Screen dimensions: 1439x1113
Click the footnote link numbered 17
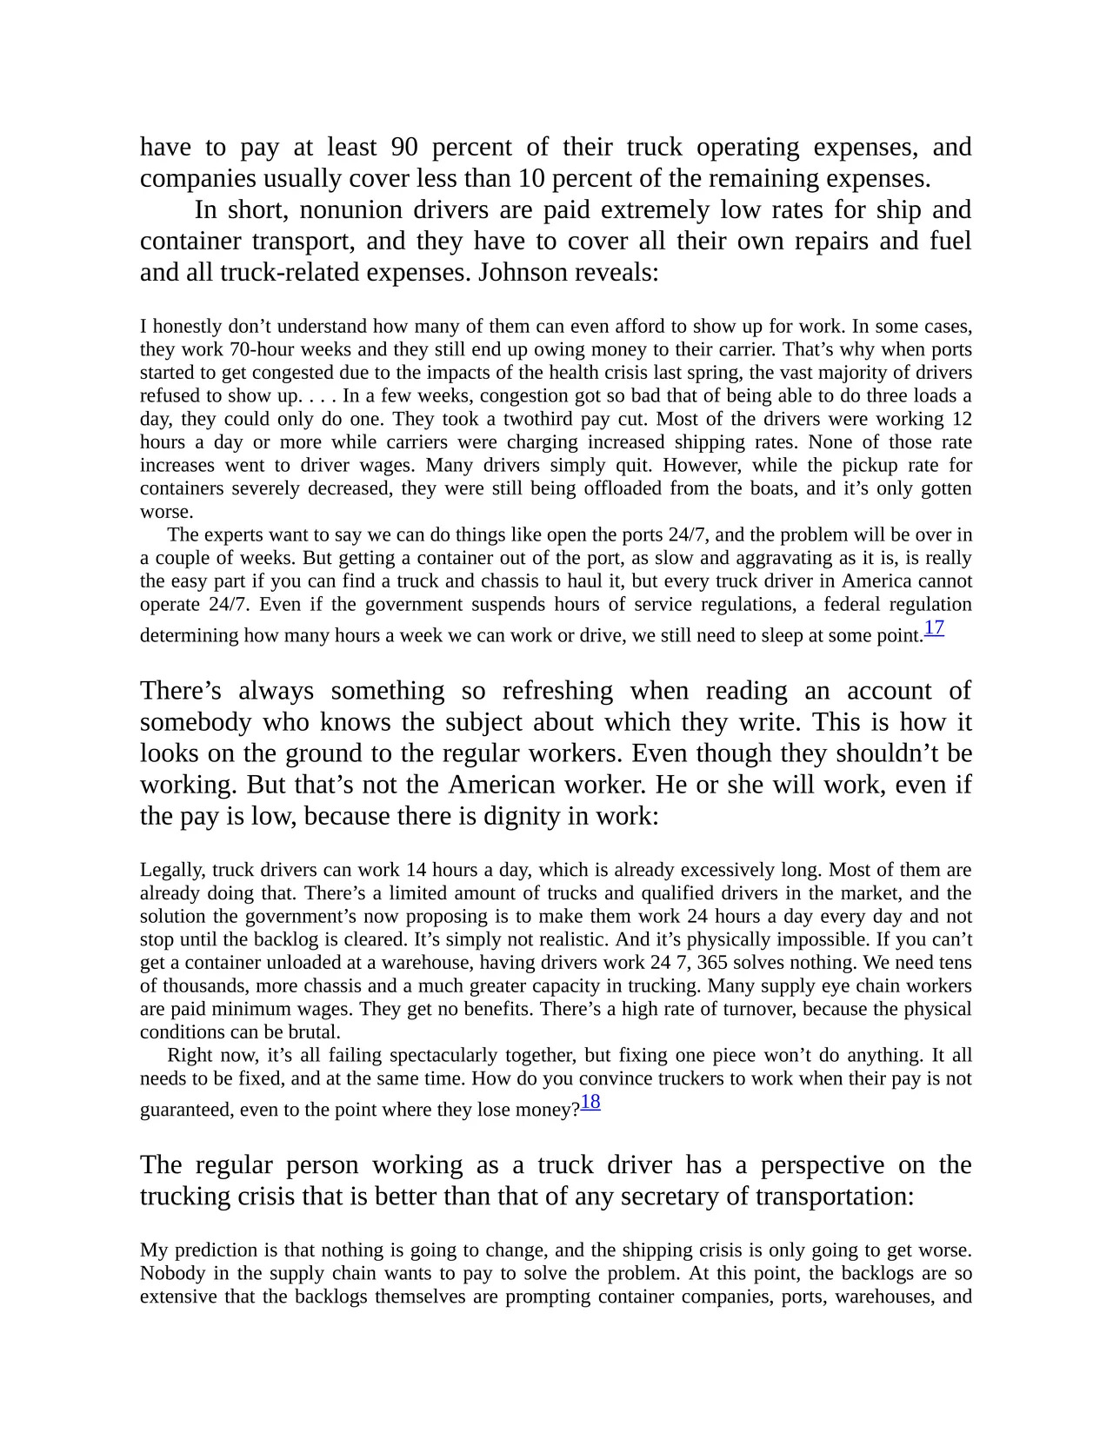[934, 628]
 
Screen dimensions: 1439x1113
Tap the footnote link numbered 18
[590, 1103]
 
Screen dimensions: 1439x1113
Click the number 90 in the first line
[404, 147]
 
